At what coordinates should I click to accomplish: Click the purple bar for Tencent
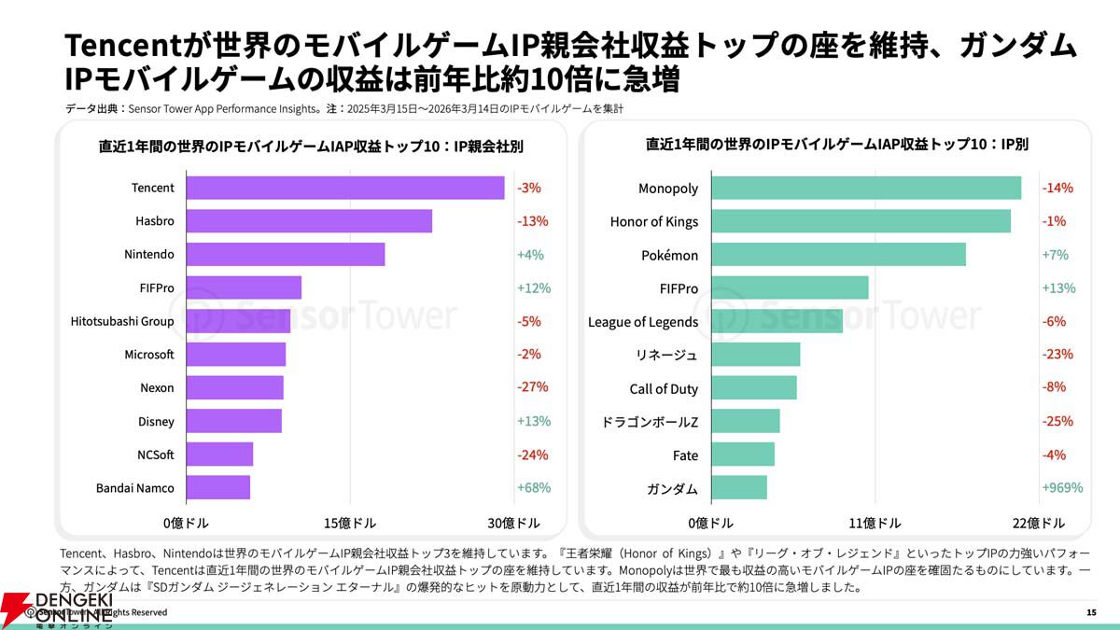click(x=345, y=188)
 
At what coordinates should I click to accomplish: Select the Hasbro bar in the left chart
click(x=309, y=221)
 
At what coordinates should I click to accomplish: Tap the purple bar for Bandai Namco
click(x=218, y=487)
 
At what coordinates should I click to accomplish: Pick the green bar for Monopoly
click(x=866, y=188)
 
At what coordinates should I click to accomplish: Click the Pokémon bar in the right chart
click(x=838, y=255)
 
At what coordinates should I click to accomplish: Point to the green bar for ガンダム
click(x=739, y=488)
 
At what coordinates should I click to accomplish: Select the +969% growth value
click(x=1062, y=487)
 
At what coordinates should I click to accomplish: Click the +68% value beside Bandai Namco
click(x=534, y=487)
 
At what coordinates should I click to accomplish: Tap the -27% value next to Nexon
click(x=533, y=387)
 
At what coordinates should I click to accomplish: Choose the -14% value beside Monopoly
click(x=1057, y=188)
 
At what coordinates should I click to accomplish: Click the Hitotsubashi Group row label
click(x=122, y=321)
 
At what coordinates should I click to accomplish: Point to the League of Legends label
click(x=643, y=322)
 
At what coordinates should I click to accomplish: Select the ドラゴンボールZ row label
click(x=651, y=422)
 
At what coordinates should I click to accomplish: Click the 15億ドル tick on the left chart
click(x=350, y=523)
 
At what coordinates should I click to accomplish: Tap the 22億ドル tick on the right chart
click(x=1038, y=523)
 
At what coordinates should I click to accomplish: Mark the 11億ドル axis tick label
click(x=875, y=523)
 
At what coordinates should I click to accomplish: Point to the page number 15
click(x=1092, y=612)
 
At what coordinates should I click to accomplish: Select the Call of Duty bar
click(x=754, y=388)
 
